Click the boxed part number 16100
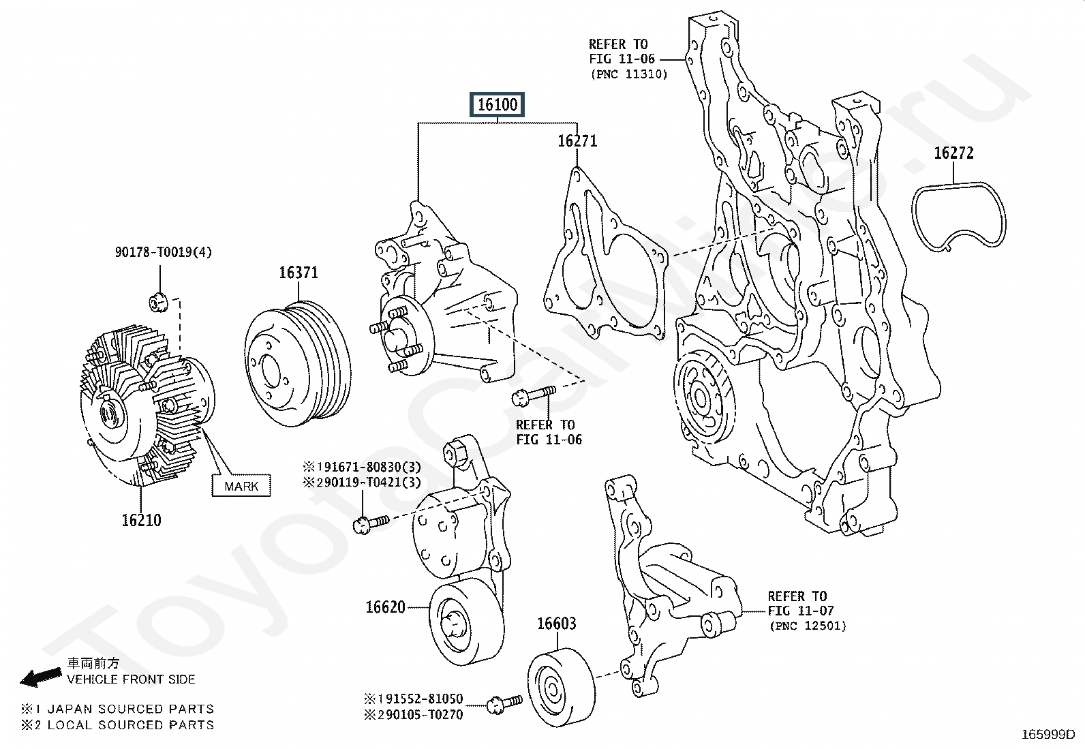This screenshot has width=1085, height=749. coord(498,105)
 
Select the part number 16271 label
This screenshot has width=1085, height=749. coord(577,141)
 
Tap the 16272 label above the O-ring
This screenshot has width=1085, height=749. coord(953,153)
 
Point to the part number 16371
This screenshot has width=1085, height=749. coord(299,273)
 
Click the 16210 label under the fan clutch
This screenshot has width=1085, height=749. coord(142,521)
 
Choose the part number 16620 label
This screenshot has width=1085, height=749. coord(386,607)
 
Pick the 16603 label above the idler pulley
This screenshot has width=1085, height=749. coord(556,624)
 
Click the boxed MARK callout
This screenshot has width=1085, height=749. coord(241,486)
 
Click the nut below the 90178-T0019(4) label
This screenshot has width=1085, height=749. coord(157,301)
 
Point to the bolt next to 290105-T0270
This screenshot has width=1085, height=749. coord(504,704)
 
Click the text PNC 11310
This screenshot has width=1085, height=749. coord(628,74)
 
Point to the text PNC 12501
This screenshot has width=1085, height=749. coord(808,626)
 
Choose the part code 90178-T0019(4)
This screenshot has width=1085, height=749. coord(163,253)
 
